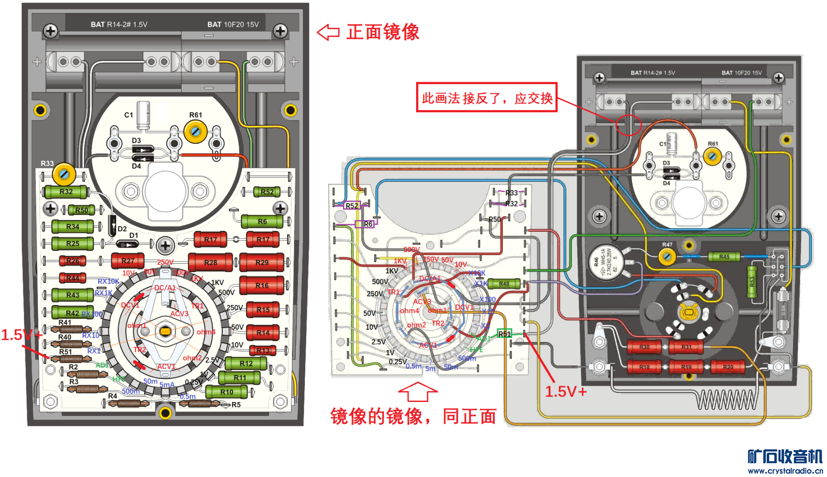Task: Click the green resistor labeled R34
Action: point(72,226)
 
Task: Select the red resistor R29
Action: point(262,262)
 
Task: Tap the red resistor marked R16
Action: point(262,285)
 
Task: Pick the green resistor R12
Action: point(246,363)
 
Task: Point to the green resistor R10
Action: point(227,392)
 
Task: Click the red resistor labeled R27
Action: point(128,260)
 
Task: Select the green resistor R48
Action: point(504,284)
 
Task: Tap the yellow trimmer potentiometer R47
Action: point(667,257)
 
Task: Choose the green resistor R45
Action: point(724,257)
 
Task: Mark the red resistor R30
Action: point(644,347)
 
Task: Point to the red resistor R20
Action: point(728,367)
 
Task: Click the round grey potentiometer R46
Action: point(605,262)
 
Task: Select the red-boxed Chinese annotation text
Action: point(486,98)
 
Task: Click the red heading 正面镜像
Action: point(382,32)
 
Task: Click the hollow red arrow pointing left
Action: point(328,32)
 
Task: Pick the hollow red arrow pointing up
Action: point(418,391)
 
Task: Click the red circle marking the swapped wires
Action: point(628,125)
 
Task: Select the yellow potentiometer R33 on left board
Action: point(64,175)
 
